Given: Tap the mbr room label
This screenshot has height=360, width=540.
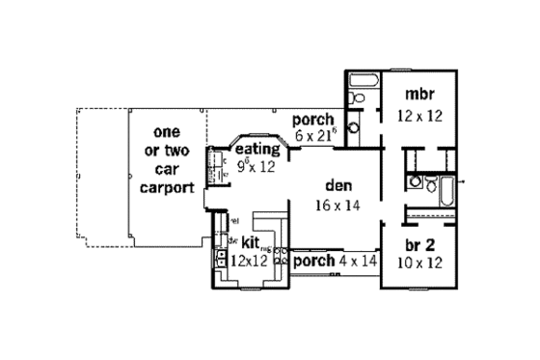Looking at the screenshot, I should pos(418,96).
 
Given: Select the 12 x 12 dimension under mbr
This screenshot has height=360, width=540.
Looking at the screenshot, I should pos(419,115).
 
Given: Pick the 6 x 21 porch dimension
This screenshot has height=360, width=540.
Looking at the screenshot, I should pos(316,137).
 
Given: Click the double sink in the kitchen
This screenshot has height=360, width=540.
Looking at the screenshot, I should pos(221,258).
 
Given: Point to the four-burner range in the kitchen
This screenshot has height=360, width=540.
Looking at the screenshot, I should pos(281,256).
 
